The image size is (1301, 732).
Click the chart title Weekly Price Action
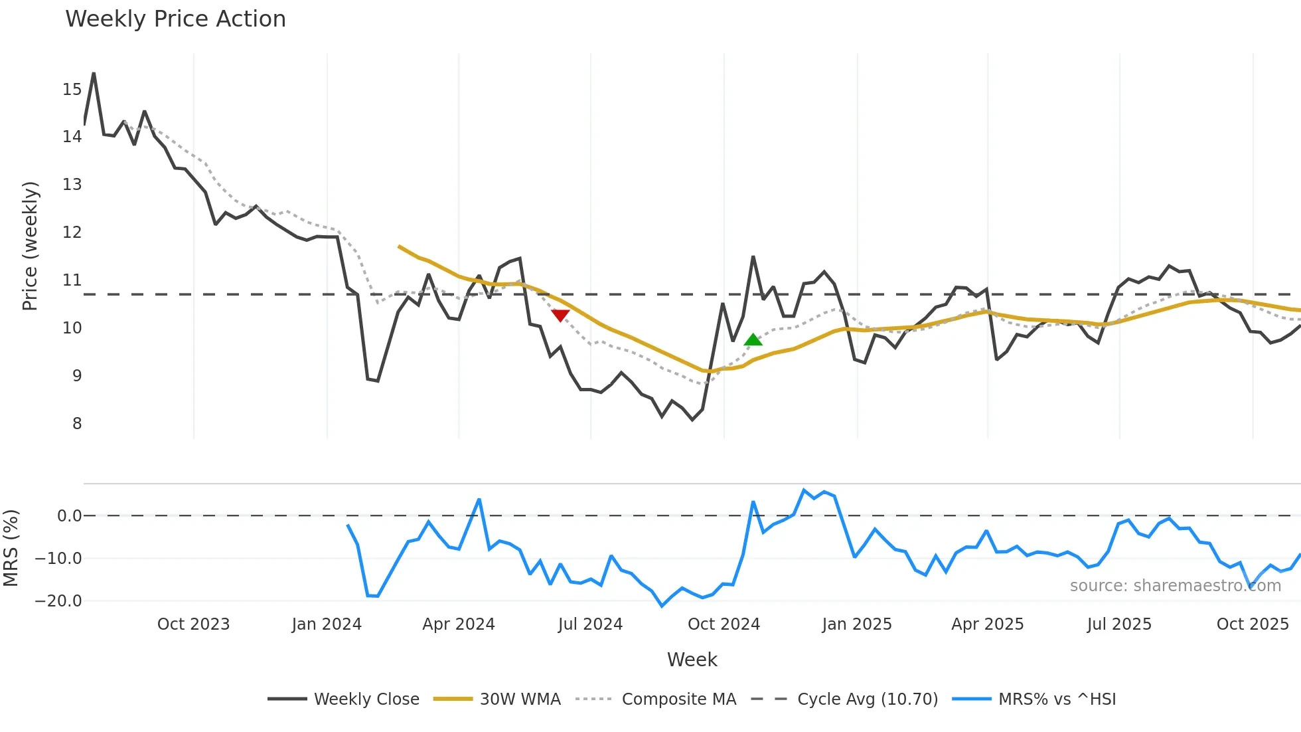(x=175, y=19)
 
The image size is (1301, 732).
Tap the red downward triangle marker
(x=560, y=316)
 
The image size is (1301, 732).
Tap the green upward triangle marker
(x=753, y=340)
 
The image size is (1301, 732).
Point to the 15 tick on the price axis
(x=72, y=90)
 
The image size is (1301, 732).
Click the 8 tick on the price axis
(x=77, y=424)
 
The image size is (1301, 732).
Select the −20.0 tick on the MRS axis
(x=58, y=601)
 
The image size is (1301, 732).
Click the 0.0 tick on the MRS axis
(x=69, y=516)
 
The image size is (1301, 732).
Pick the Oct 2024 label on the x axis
(x=724, y=624)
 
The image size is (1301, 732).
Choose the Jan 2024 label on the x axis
(x=327, y=624)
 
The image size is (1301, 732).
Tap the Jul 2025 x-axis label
(x=1119, y=624)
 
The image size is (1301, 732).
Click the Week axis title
(x=692, y=660)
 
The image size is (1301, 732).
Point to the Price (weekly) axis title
(x=30, y=246)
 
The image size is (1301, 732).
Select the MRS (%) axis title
(x=11, y=548)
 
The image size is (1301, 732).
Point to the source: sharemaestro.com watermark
(x=1175, y=586)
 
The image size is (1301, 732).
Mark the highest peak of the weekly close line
(x=94, y=73)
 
